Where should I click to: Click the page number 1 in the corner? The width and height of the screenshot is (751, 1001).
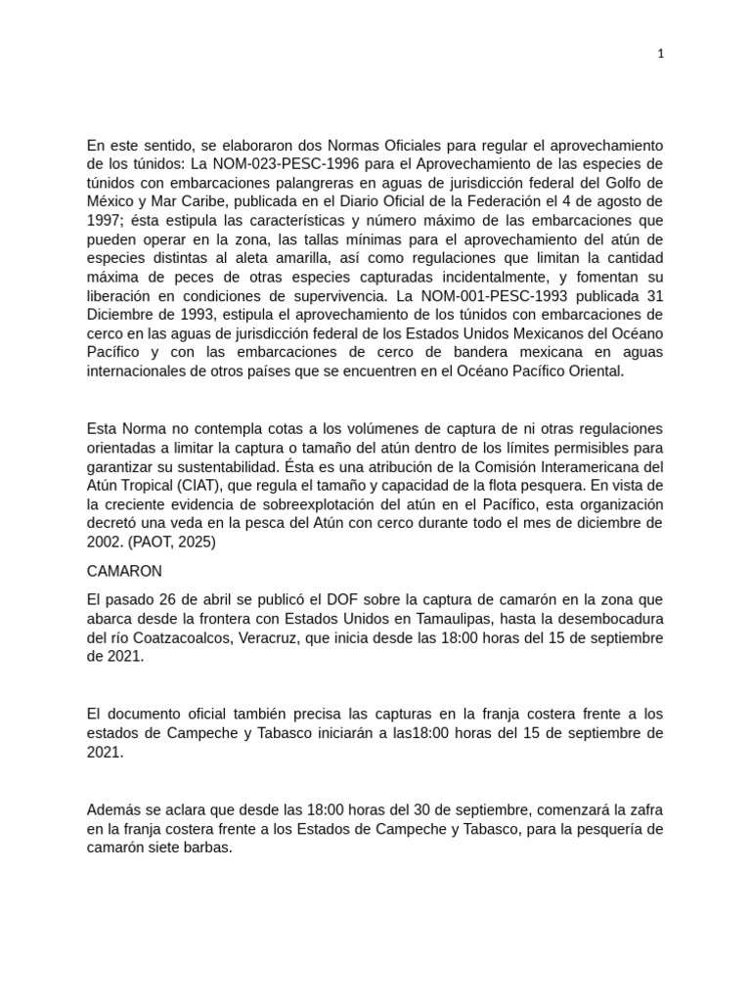click(x=660, y=55)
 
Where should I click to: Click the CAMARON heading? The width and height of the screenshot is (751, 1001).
click(x=124, y=571)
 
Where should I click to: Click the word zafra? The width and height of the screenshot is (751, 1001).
click(x=644, y=810)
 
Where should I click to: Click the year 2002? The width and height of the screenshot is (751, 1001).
click(x=103, y=542)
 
